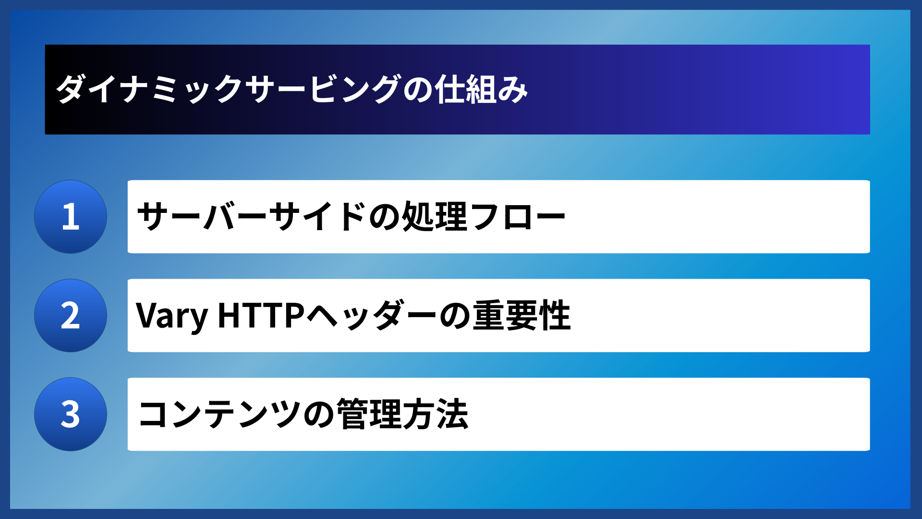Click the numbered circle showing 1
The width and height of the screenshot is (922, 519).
[x=71, y=217]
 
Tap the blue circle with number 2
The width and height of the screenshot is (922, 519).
[x=71, y=316]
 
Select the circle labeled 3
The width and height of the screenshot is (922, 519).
[x=71, y=414]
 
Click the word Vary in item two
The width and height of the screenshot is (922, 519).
[x=171, y=316]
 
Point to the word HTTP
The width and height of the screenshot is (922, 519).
[x=261, y=316]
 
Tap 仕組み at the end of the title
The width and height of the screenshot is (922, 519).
[x=481, y=89]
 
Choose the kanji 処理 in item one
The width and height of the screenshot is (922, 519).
[x=434, y=217]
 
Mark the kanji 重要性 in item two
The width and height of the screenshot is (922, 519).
[x=522, y=316]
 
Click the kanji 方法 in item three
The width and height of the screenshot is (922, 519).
[x=435, y=414]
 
